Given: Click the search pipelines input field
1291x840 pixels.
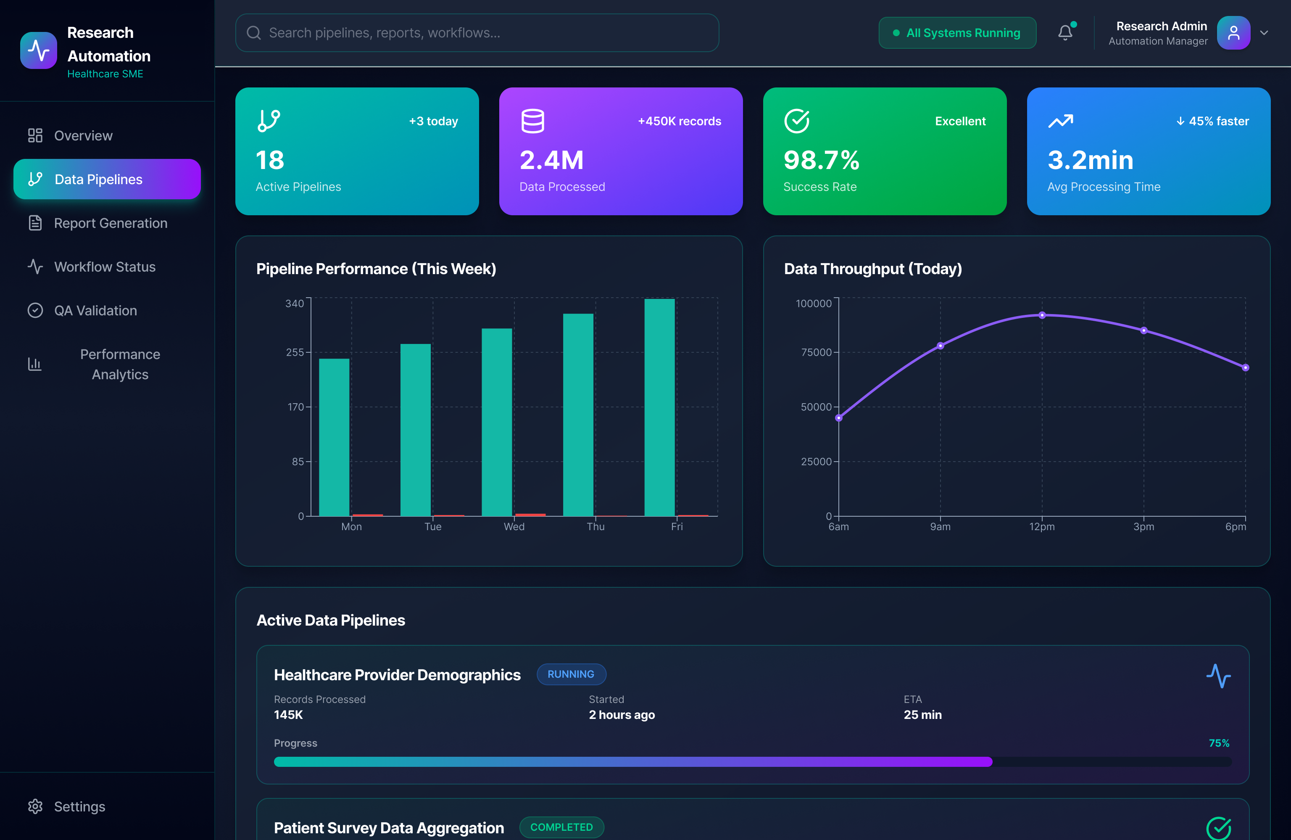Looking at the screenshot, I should (477, 33).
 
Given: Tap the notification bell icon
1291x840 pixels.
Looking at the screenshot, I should (1065, 33).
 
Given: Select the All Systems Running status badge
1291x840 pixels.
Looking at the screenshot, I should (957, 33).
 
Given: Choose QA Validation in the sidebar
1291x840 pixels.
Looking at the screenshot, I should (95, 310).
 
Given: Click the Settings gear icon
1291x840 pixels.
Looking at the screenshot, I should (35, 806).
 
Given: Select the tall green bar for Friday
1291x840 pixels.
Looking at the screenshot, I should (660, 407).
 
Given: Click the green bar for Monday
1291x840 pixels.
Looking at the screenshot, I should (334, 437).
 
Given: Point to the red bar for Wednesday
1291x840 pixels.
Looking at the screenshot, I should (530, 514).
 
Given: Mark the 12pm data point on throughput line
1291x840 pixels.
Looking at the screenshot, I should (1042, 315).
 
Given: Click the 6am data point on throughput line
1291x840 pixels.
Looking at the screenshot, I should (839, 418).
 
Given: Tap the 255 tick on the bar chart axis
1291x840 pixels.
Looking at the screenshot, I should (295, 352).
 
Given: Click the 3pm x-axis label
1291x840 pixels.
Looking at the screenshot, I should (1143, 526).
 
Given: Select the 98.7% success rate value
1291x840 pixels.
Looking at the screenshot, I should (821, 160).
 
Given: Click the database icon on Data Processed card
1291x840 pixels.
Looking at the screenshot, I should (533, 121).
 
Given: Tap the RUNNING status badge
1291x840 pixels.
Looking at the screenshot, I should (571, 674).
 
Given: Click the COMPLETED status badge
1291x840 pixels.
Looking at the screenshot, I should (561, 827).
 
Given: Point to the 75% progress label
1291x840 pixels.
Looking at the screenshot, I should (1219, 743).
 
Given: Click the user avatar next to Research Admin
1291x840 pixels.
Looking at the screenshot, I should (1233, 33).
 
